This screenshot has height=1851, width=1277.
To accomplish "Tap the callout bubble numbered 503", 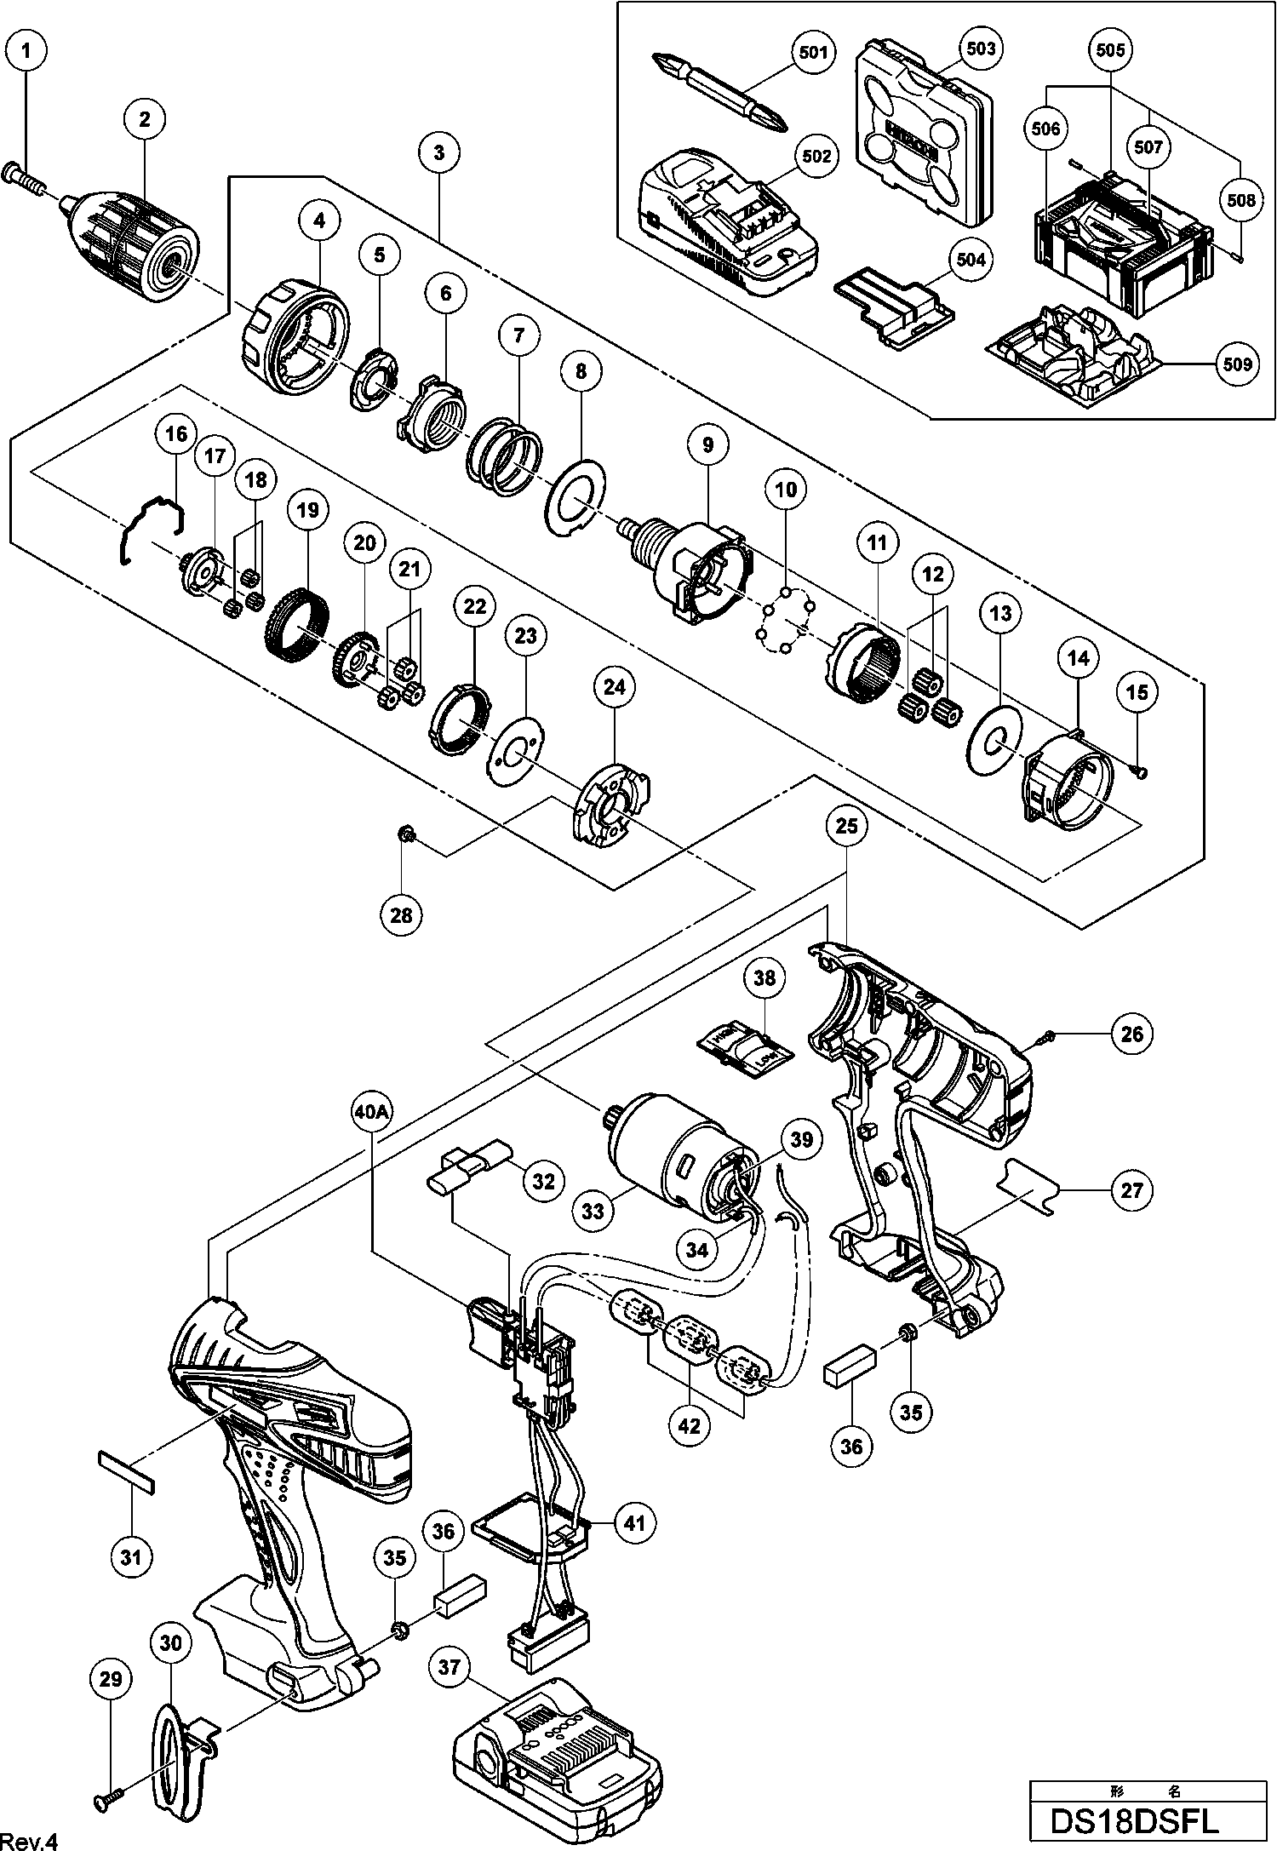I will [x=981, y=49].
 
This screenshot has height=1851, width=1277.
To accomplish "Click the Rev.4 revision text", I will [x=29, y=1840].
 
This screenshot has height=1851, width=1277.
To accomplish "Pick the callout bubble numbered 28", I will [x=401, y=915].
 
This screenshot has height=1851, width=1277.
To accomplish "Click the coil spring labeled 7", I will [x=505, y=455].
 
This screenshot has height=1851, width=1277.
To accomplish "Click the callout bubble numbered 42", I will [x=690, y=1425].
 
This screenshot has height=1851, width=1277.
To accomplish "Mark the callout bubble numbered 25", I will [x=847, y=826].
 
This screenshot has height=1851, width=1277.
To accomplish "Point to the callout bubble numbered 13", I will [x=1000, y=612].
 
